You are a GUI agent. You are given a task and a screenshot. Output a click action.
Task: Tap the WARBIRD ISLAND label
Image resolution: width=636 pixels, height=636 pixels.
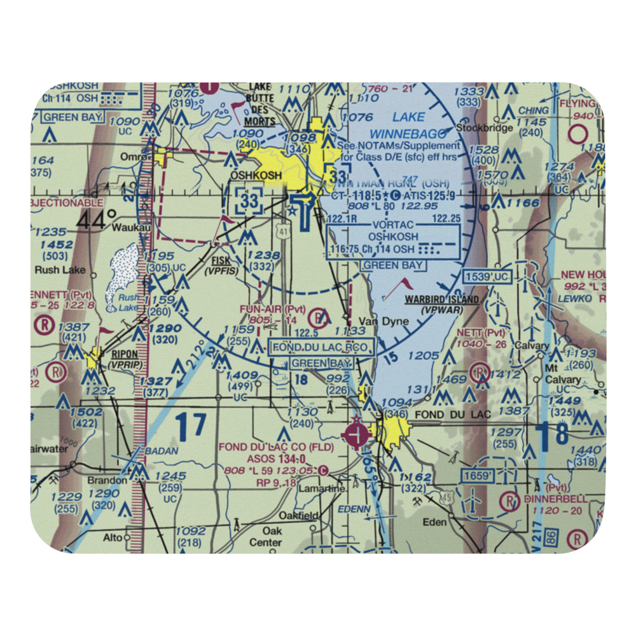pyautogui.click(x=442, y=299)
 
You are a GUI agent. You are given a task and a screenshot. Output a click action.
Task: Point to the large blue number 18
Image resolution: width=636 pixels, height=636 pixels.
pyautogui.click(x=551, y=438)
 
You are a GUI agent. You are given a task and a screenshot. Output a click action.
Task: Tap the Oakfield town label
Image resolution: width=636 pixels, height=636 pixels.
pyautogui.click(x=298, y=516)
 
